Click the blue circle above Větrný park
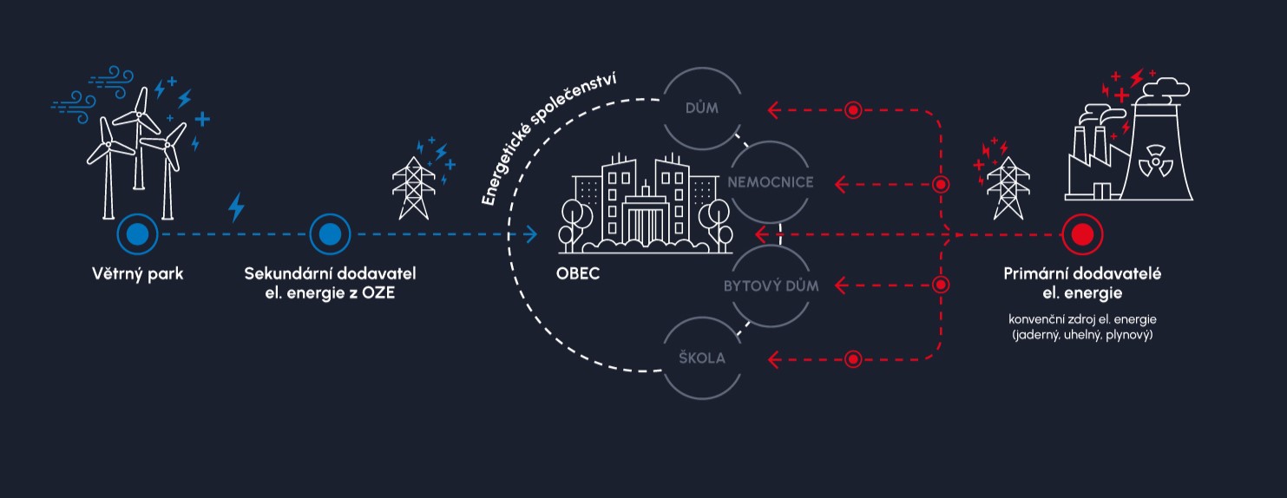(137, 233)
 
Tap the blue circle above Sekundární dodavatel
(330, 233)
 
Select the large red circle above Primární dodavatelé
(1082, 233)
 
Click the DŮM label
(702, 109)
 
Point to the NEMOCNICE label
(771, 183)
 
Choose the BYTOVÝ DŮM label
(772, 285)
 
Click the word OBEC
(578, 274)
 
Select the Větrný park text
(137, 274)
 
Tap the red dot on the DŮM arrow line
(853, 109)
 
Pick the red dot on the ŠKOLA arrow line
(853, 357)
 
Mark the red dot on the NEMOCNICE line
(941, 184)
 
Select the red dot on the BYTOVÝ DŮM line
(941, 285)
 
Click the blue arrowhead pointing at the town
(532, 233)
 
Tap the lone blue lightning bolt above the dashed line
(235, 208)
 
